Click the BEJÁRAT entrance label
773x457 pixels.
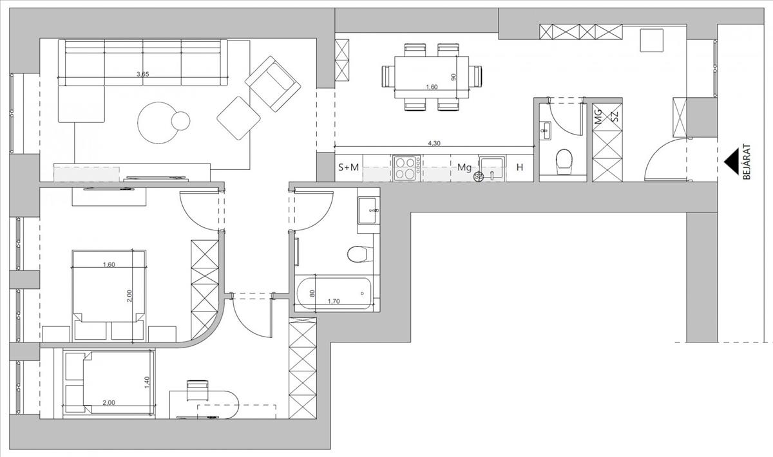tap(747, 162)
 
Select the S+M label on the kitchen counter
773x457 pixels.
tap(348, 168)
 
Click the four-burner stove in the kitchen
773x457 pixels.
tap(406, 169)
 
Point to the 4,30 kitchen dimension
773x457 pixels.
tap(434, 144)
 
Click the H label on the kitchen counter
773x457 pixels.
tap(520, 168)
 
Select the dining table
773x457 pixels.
tap(432, 77)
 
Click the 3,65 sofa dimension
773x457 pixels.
tap(142, 75)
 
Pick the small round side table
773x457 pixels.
tap(180, 120)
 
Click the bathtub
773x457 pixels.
tap(335, 294)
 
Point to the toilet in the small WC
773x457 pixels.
tap(563, 162)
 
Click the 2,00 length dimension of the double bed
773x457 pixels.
tap(129, 296)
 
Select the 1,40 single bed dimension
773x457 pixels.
tap(147, 382)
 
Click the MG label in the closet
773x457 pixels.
tap(599, 117)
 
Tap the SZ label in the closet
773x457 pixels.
tap(615, 117)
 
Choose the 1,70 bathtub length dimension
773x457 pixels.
tap(334, 301)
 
